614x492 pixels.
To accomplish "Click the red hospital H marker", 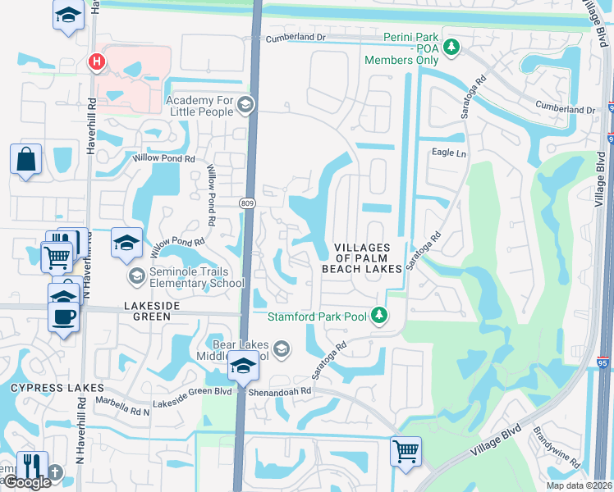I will pos(97,61).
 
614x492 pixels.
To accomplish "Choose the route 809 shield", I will pos(246,202).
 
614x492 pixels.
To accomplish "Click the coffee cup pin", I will pos(63,315).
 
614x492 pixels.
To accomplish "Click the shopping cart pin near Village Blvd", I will pos(406,451).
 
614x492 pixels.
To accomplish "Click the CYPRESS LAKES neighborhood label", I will pos(57,387).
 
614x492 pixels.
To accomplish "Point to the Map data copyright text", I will pos(576,485).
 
